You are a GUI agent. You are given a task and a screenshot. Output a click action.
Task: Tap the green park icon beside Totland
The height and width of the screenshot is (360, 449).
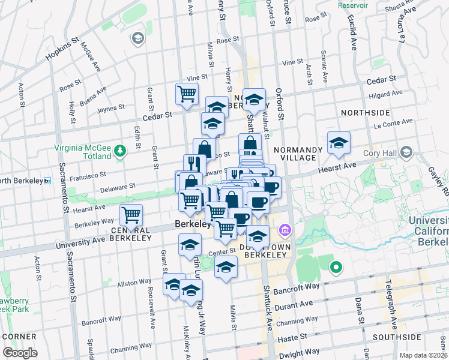121,151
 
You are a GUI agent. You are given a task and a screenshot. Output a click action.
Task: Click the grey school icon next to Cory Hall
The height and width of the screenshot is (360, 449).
408,151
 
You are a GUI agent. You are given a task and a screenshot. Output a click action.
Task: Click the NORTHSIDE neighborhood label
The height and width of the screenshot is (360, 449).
365,113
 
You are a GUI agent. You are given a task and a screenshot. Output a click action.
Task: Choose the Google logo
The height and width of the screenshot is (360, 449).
20,353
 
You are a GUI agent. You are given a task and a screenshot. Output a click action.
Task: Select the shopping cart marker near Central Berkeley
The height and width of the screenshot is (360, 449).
131,215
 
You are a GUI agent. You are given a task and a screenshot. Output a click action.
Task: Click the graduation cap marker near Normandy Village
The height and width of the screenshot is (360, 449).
339,143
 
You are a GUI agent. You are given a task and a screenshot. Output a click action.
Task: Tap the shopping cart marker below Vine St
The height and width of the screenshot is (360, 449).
187,94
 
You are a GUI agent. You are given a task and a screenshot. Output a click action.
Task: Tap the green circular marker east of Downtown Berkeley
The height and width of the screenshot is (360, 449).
336,268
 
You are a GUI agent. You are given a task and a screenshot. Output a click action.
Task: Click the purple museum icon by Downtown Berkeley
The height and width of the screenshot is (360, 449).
285,230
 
